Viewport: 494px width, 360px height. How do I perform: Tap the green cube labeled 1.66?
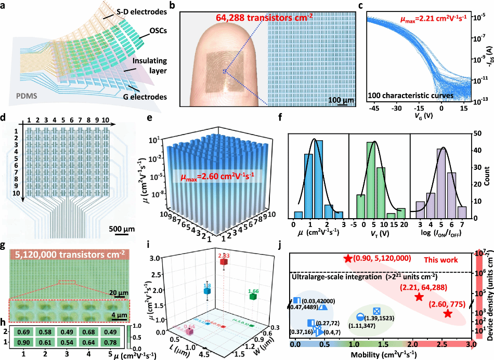click(x=253, y=297)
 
